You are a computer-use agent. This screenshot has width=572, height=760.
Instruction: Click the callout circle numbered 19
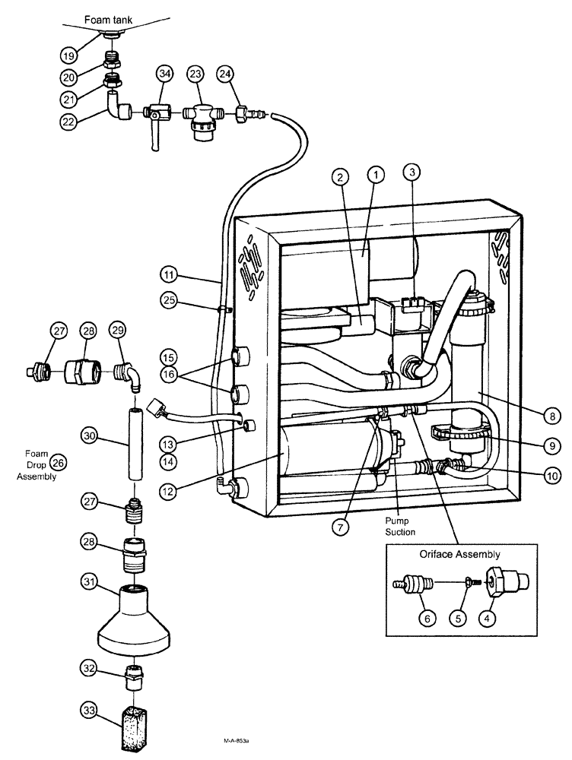click(x=69, y=55)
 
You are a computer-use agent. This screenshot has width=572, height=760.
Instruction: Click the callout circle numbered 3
click(x=412, y=173)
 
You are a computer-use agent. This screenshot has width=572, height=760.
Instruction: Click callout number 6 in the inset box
click(x=428, y=619)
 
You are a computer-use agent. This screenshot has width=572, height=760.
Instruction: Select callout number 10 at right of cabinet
click(x=554, y=476)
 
